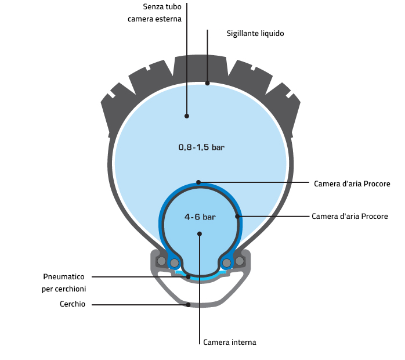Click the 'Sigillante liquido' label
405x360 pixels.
[255, 34]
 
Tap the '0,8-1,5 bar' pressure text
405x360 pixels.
[201, 147]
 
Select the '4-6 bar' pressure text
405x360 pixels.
[200, 217]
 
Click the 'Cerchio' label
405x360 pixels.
[73, 304]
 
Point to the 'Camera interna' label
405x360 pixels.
[229, 343]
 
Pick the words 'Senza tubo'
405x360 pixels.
[162, 7]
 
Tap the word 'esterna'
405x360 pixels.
[168, 19]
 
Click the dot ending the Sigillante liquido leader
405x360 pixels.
[207, 83]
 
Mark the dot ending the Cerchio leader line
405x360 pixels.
[188, 304]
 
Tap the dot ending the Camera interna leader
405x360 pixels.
[200, 234]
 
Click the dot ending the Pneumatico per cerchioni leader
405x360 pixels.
[188, 276]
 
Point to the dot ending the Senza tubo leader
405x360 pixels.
[187, 116]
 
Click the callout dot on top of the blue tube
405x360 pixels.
[198, 182]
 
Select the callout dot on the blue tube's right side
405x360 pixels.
[237, 217]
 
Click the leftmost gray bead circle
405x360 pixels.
[161, 261]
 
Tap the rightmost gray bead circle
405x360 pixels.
[239, 261]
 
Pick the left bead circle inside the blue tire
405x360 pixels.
[174, 263]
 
